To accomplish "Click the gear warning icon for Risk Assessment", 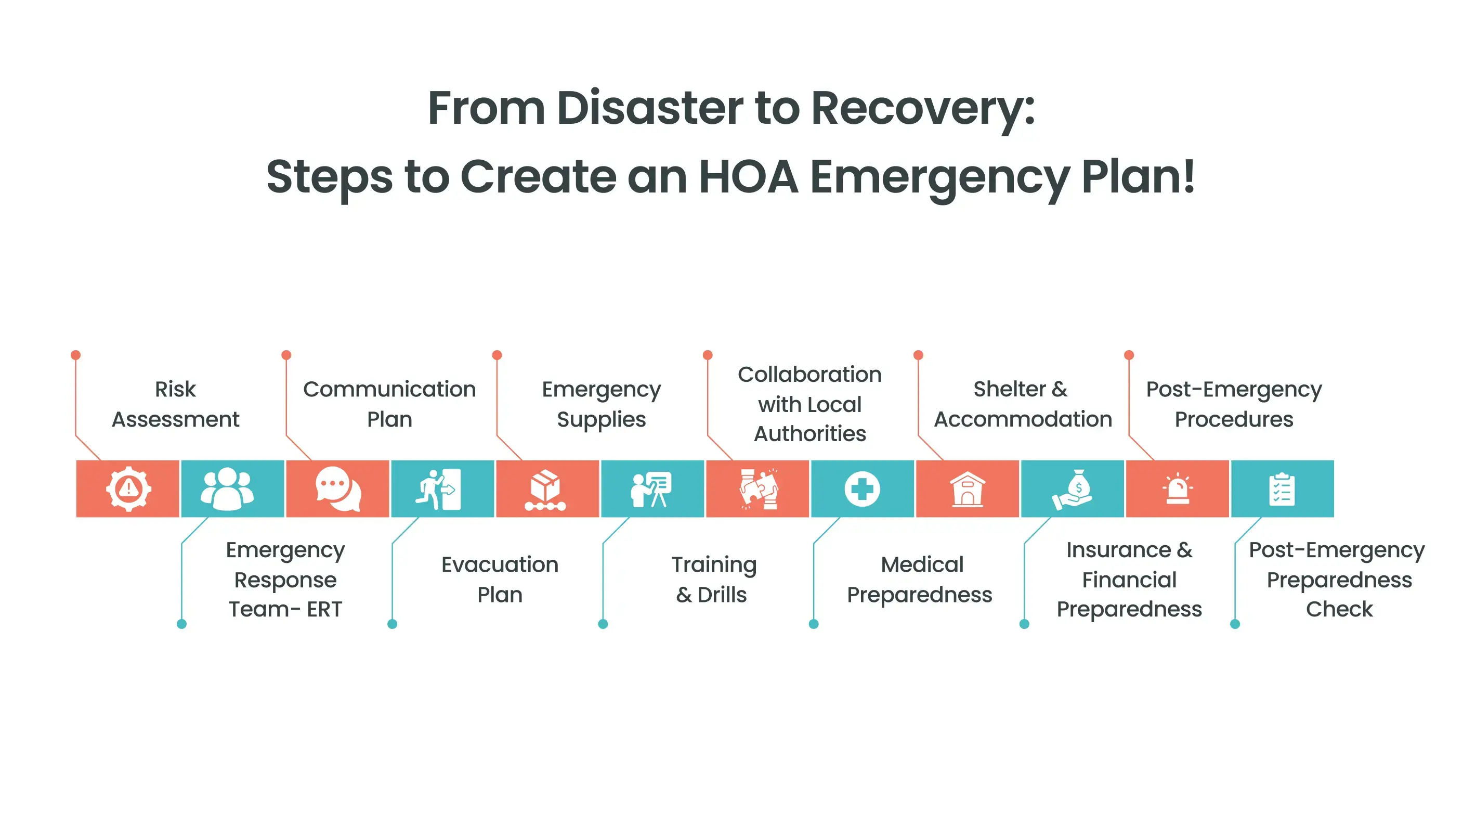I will [128, 488].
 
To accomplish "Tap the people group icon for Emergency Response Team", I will [227, 488].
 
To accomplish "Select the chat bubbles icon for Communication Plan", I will [338, 488].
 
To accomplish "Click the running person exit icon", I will [438, 488].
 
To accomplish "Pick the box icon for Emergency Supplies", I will [545, 488].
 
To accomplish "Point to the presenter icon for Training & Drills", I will [651, 488].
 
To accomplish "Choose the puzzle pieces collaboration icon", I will [758, 488].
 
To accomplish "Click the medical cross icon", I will [862, 488].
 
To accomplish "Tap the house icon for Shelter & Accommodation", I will [967, 488].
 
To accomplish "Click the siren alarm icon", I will [1178, 488].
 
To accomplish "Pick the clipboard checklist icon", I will [1282, 488].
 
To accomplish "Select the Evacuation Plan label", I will [500, 579].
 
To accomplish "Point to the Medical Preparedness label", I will [920, 579].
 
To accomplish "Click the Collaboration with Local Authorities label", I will [810, 404].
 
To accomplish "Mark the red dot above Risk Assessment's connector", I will [75, 355].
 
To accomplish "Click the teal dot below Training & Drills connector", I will [603, 624].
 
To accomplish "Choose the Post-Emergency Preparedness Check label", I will [1338, 579].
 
